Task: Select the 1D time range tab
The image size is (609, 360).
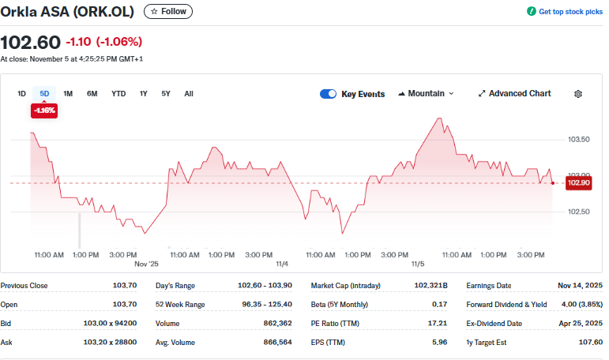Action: [x=21, y=94]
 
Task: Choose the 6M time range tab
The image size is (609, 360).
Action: [x=92, y=94]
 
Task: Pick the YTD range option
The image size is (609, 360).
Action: [x=118, y=94]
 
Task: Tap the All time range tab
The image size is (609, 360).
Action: [x=189, y=94]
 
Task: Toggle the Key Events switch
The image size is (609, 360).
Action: [x=328, y=94]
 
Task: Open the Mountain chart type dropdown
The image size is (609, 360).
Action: [x=427, y=93]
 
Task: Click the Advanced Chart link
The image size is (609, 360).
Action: [x=514, y=93]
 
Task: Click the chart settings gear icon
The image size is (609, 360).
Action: [x=578, y=94]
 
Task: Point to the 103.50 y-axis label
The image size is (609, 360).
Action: [x=579, y=140]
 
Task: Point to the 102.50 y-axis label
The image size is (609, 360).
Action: [x=579, y=212]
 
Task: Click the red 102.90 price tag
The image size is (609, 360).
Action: [x=580, y=183]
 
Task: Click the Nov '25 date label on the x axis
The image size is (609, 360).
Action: [x=147, y=264]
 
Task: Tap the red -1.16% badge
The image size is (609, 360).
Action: [x=43, y=111]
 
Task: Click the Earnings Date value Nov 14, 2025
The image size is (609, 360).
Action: [x=581, y=286]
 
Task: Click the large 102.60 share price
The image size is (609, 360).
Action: [x=30, y=42]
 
